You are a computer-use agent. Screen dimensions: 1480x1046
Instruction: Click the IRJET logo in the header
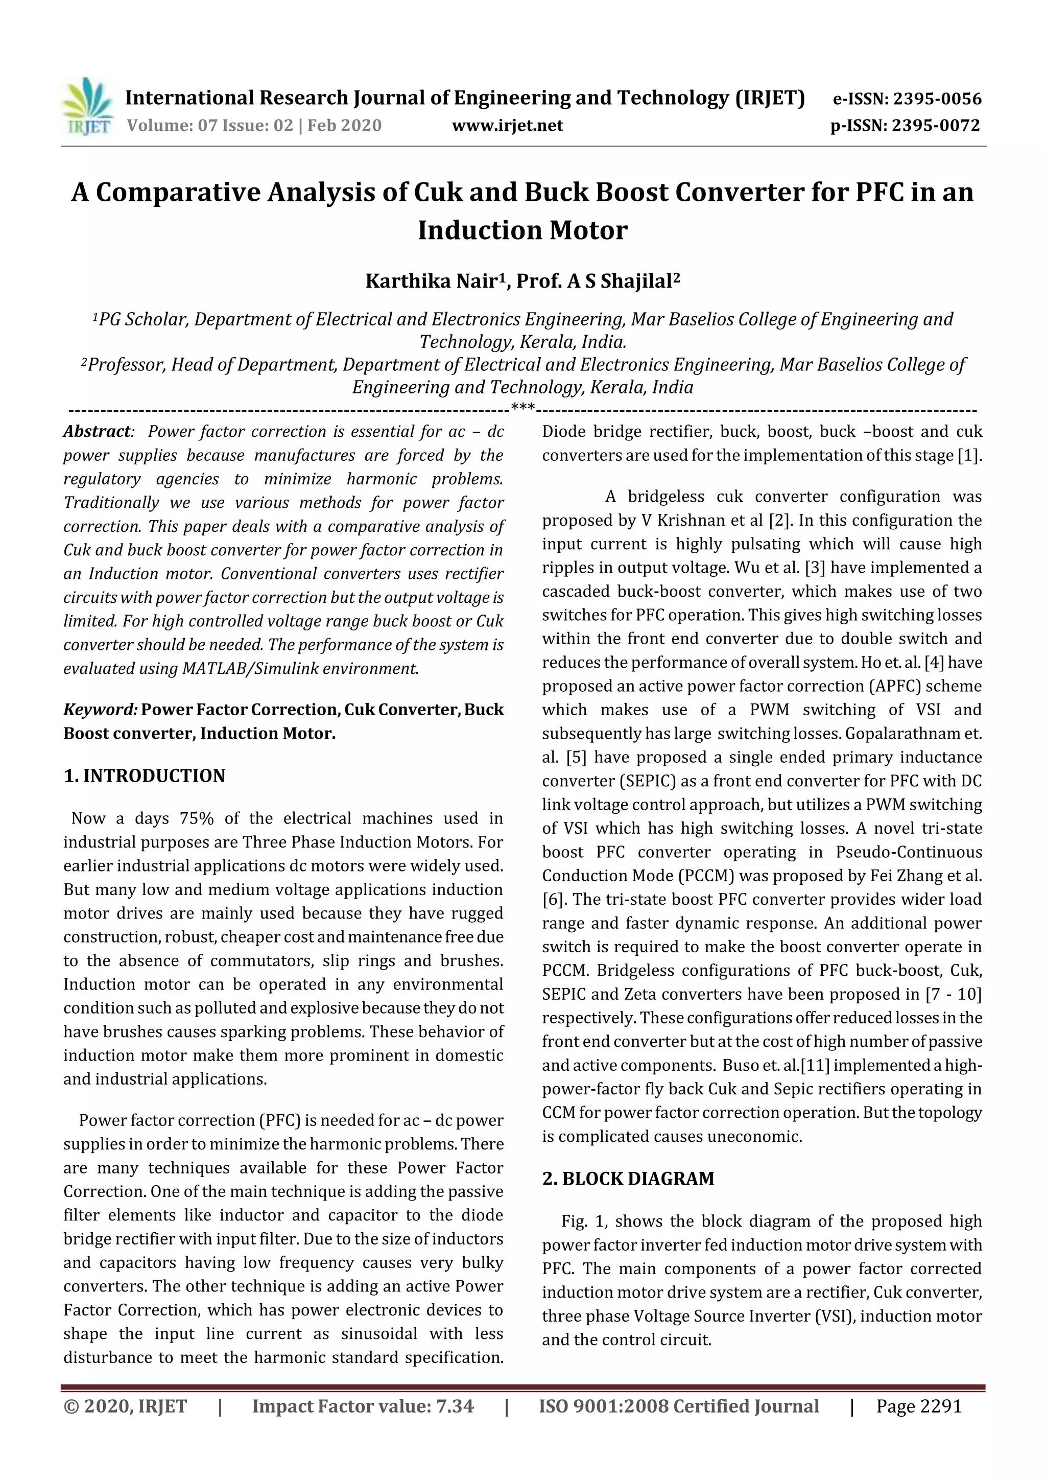tap(86, 106)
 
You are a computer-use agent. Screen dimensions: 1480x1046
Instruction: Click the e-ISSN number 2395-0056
tap(936, 99)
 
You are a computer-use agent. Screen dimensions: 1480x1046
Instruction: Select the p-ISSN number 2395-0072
tap(936, 126)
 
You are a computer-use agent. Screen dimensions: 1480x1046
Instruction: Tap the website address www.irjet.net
tap(507, 126)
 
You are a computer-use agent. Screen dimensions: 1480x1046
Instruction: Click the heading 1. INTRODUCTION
tap(145, 776)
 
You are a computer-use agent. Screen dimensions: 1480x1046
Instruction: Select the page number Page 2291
tap(918, 1406)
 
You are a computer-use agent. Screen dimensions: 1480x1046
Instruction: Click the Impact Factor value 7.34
tap(455, 1406)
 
